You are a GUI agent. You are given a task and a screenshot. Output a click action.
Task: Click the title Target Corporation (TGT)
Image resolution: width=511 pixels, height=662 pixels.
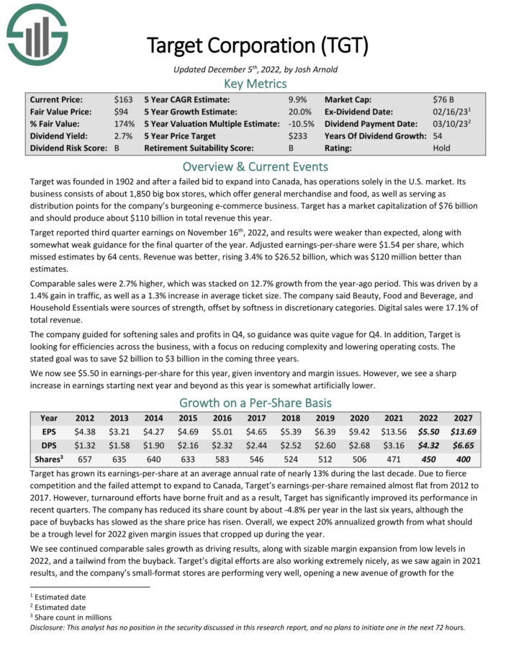(x=257, y=46)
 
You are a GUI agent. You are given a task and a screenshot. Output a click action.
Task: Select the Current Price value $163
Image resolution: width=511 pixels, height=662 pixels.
(x=123, y=99)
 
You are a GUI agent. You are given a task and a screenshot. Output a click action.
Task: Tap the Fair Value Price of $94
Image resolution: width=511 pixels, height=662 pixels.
(x=121, y=112)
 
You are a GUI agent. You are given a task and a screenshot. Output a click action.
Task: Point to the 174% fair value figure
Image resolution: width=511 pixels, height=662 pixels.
(x=124, y=124)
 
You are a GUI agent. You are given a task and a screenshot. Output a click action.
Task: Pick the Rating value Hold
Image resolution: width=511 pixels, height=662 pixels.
(x=442, y=148)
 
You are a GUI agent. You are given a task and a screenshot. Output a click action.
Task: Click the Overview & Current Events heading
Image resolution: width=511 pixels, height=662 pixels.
(x=256, y=166)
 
